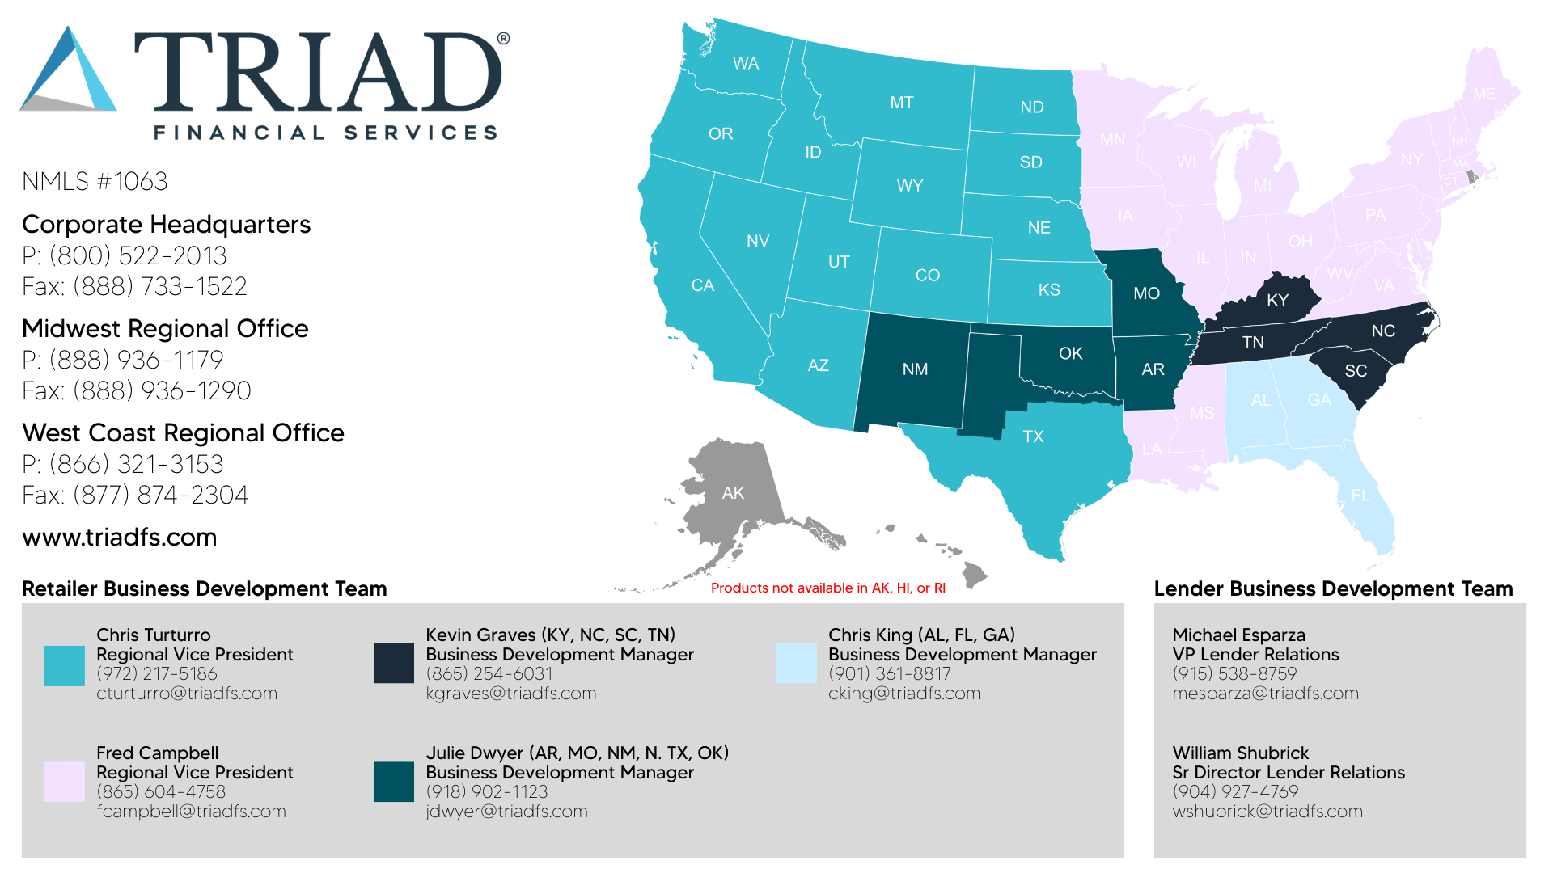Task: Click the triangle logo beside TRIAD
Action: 69,73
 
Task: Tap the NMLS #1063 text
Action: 95,181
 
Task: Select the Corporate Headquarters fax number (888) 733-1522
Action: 135,287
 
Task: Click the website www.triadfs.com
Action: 119,538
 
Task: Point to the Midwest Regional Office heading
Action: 165,329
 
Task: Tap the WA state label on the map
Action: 745,64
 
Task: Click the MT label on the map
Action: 901,103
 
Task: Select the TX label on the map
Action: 1033,436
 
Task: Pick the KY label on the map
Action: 1277,301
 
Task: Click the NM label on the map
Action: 915,369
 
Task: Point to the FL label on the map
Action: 1360,495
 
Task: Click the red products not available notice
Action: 828,588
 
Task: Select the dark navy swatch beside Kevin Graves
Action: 394,664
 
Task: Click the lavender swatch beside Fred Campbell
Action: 65,782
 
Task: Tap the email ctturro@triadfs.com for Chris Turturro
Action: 187,694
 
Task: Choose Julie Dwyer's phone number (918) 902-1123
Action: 487,792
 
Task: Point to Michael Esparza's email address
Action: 1265,694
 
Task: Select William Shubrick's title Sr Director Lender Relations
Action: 1289,773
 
